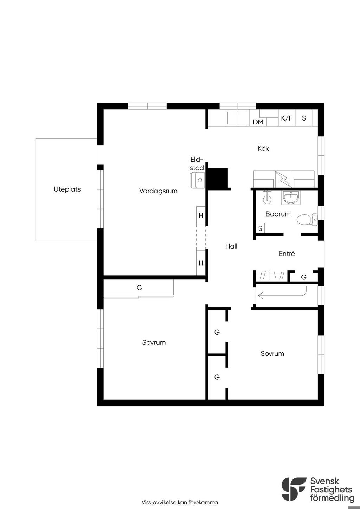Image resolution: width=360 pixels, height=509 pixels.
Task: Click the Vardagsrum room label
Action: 158,191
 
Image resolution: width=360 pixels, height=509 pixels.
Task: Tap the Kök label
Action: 263,148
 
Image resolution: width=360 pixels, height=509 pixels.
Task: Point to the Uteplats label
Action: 67,189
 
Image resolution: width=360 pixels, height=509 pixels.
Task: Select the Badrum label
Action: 278,214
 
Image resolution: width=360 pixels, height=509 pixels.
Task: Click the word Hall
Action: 231,246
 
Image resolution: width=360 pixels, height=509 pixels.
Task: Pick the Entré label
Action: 287,253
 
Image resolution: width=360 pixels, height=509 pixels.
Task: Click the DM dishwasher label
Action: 258,122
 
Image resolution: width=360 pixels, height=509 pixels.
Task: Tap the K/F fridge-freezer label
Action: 287,118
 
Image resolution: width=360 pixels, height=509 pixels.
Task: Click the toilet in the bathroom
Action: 307,219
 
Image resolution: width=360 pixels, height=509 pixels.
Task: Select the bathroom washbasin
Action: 291,197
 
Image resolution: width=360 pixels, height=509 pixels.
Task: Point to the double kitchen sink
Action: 238,118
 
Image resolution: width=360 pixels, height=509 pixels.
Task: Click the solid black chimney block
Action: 218,178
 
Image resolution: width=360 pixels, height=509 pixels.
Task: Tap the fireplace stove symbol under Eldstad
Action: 197,180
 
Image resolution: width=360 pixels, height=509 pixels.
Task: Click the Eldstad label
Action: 197,164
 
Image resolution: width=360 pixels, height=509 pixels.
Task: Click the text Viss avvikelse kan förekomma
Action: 180,502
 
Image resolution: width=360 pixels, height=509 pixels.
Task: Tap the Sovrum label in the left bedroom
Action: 154,342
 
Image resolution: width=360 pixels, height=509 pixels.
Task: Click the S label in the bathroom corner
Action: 260,228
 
